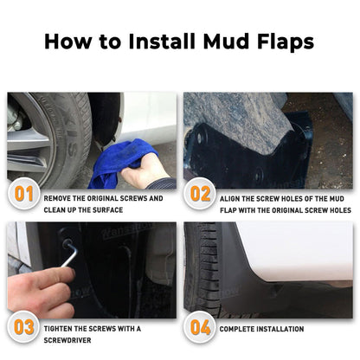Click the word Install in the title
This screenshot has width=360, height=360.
(165, 41)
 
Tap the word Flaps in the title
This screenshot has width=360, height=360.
(278, 41)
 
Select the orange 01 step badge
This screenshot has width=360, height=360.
(24, 194)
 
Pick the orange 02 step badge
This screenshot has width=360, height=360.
(200, 194)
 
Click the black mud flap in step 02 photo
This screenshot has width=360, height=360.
(277, 156)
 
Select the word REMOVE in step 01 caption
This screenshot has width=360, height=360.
(58, 198)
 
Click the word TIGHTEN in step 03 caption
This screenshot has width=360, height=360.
(60, 329)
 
